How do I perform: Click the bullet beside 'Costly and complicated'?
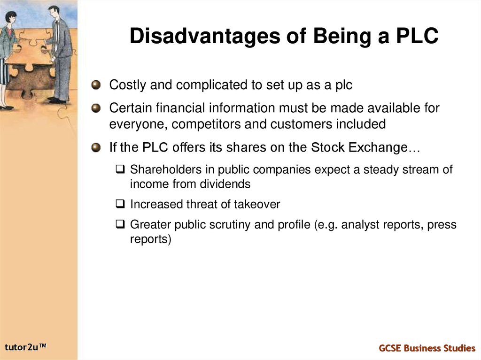tap(96, 85)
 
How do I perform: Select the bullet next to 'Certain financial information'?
tap(96, 108)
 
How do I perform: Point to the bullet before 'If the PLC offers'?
tap(96, 147)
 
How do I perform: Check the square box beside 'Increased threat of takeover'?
tap(121, 204)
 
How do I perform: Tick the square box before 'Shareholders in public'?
tap(121, 169)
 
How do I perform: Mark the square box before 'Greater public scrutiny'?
tap(121, 224)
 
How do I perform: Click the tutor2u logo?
tap(26, 347)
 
